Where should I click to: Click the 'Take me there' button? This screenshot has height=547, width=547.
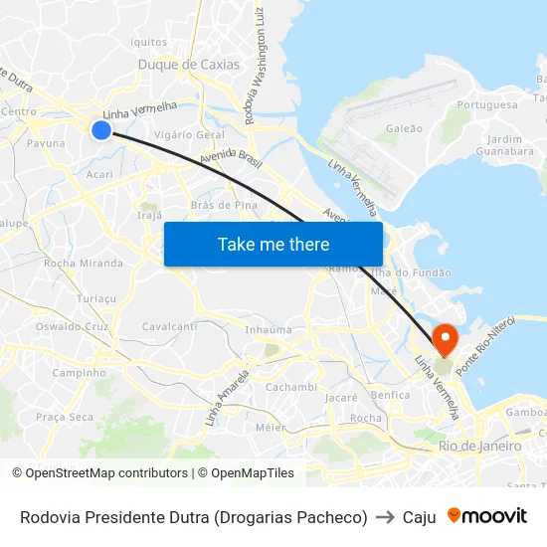click(273, 244)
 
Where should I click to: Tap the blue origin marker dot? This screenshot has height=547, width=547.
click(100, 129)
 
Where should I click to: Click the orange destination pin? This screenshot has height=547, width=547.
click(445, 338)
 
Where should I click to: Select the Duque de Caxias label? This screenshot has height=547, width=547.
click(189, 65)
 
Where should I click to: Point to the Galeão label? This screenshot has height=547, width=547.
click(404, 128)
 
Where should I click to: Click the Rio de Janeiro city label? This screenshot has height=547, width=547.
click(479, 447)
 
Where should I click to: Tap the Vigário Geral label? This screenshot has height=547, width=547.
click(190, 134)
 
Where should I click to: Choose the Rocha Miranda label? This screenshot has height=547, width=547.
click(84, 264)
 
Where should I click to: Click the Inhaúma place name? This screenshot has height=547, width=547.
click(269, 329)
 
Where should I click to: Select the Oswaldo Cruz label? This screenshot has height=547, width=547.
click(72, 326)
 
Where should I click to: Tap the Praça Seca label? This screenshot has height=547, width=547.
click(65, 417)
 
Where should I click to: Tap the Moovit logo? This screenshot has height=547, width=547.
click(487, 515)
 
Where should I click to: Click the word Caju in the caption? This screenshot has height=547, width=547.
click(420, 517)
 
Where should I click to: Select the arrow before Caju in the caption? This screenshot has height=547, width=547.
click(385, 517)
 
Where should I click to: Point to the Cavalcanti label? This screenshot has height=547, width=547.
click(169, 326)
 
